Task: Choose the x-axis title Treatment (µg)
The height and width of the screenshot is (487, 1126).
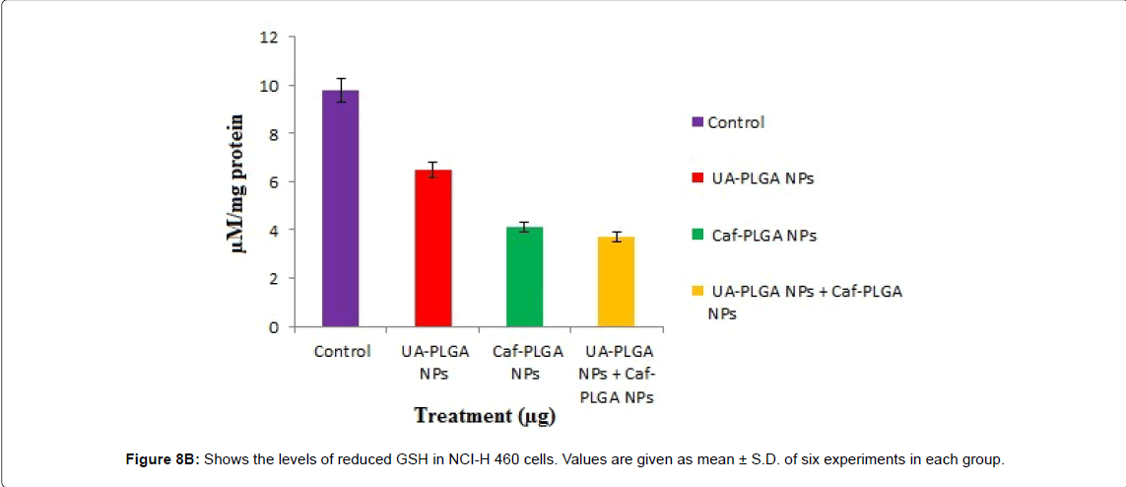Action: tap(485, 415)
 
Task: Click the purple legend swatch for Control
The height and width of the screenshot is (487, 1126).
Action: tap(697, 123)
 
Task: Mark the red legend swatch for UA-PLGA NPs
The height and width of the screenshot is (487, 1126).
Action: tap(697, 179)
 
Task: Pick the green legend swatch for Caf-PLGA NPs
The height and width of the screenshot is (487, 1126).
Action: tap(697, 236)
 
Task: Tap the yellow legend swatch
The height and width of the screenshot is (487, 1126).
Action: tap(697, 292)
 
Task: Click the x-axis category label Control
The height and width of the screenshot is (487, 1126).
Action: tap(342, 352)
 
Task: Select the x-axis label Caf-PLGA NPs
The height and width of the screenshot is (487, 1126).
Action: tap(525, 362)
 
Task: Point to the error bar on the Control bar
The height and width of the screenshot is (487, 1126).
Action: tap(341, 90)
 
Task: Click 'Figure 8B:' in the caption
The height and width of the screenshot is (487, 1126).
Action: tap(166, 459)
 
